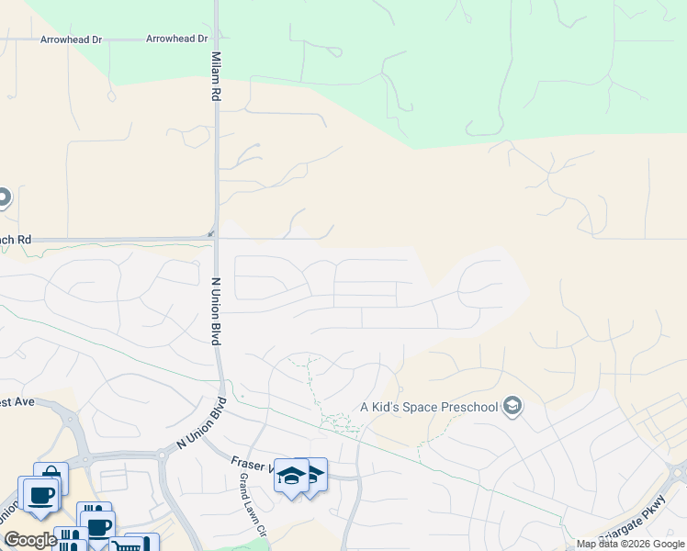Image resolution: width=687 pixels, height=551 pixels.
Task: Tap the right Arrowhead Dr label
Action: (x=177, y=39)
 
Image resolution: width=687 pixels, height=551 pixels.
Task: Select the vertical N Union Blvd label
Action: (x=217, y=311)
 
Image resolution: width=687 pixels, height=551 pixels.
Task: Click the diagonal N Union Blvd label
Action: (x=192, y=429)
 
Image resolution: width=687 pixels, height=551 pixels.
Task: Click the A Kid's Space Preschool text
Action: (x=429, y=407)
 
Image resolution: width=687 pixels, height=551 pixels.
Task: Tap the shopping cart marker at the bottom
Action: (x=124, y=545)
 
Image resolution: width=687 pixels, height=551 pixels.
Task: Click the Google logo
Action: (x=30, y=540)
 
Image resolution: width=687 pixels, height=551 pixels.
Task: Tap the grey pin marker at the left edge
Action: (x=3, y=197)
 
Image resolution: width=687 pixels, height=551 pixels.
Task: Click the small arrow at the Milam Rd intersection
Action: (x=210, y=233)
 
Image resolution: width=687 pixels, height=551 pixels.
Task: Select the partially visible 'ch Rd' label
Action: (x=16, y=240)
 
